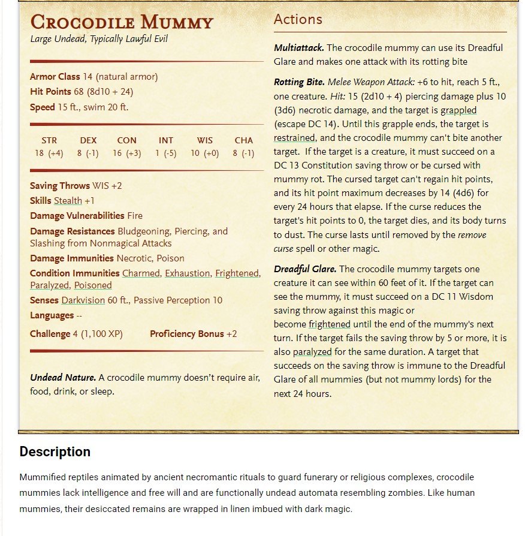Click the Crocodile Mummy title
tap(122, 22)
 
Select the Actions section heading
tap(298, 19)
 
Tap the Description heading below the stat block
tap(55, 451)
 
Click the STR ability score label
tap(49, 140)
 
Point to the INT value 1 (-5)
tap(165, 153)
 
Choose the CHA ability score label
tap(243, 140)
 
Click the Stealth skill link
tap(68, 201)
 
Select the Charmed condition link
tap(141, 273)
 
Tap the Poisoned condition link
tap(93, 285)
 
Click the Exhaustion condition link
tap(188, 273)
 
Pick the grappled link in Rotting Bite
tap(458, 110)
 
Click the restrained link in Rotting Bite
tap(294, 138)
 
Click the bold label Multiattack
tap(299, 47)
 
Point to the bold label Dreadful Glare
tap(305, 269)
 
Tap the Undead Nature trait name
tap(63, 378)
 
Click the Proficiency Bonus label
tap(187, 334)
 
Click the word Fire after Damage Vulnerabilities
tap(135, 216)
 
